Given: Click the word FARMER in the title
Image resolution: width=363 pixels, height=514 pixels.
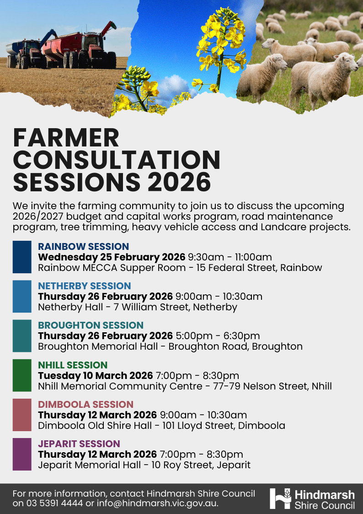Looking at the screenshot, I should (66, 137).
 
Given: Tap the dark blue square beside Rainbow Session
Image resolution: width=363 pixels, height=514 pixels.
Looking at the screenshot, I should (22, 257).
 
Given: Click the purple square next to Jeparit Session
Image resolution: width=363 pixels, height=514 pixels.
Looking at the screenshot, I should (22, 454).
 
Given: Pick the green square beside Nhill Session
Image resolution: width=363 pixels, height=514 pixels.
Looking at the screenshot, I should (22, 375).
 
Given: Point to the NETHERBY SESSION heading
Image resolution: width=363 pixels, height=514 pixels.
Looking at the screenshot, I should (84, 286).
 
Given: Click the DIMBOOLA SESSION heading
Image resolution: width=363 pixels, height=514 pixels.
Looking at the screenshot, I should (85, 405).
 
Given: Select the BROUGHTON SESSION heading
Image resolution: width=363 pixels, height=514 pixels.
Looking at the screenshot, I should (91, 325).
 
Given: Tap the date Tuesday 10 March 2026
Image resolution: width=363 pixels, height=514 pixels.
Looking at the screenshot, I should (95, 376).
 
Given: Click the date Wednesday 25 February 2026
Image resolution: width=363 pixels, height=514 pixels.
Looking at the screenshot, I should (112, 257).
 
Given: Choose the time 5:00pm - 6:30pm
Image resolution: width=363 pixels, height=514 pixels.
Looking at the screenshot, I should (209, 336).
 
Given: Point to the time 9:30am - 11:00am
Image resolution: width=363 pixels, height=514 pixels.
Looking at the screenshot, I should (230, 257).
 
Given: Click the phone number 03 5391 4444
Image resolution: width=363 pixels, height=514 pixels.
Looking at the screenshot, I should (55, 503).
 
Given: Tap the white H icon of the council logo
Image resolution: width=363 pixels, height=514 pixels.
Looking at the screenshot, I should (280, 498).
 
